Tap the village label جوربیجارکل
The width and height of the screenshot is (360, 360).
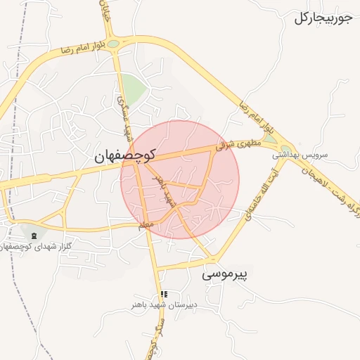click(x=323, y=18)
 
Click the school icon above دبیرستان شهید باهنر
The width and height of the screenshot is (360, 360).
click(x=164, y=295)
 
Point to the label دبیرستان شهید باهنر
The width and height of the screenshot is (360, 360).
click(x=165, y=306)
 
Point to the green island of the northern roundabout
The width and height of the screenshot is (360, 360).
click(x=113, y=44)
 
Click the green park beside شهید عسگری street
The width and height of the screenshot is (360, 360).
click(x=134, y=88)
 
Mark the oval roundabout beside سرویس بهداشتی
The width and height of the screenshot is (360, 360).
click(x=285, y=147)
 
